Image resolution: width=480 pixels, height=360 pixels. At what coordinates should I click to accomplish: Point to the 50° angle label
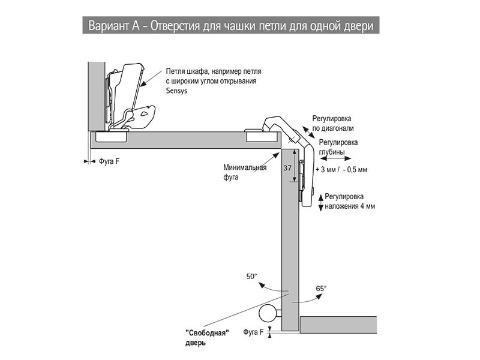click(251, 277)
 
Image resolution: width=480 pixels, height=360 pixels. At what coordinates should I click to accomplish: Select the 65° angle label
click(322, 289)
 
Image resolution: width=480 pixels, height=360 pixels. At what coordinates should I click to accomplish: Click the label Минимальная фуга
click(244, 172)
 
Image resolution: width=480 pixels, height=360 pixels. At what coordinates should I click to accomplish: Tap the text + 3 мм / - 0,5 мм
click(341, 170)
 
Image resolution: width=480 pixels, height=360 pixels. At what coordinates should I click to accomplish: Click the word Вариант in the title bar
click(108, 26)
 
